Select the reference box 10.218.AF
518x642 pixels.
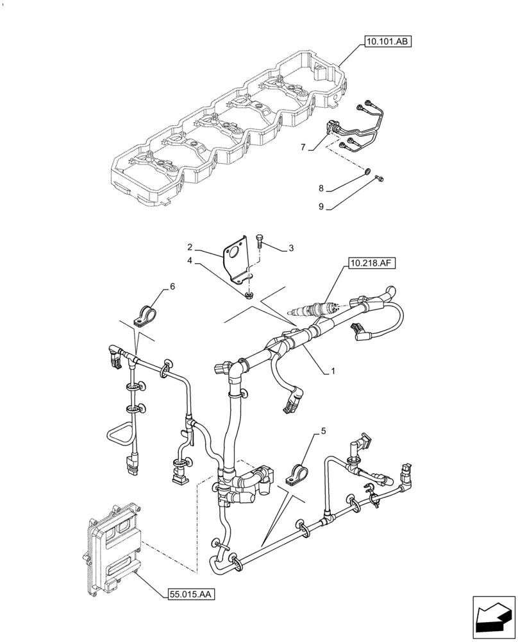pos(371,263)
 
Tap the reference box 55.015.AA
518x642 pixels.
pos(190,595)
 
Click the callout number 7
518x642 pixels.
pos(303,147)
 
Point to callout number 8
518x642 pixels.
pos(321,189)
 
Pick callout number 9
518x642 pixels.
pos(321,207)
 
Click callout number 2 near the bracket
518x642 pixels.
pos(190,247)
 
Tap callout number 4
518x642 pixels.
pos(190,261)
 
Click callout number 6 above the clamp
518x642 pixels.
pos(172,286)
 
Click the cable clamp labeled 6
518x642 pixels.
pos(144,313)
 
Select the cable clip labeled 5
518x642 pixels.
pos(299,476)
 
